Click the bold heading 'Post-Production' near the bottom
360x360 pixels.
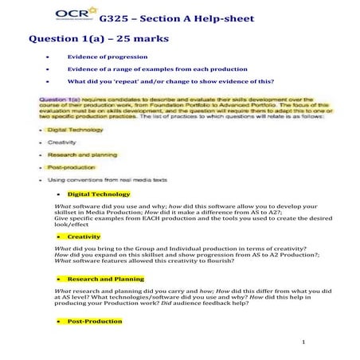point(95,321)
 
